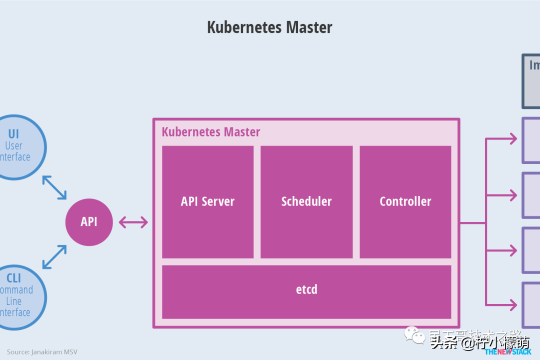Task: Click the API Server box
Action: [207, 201]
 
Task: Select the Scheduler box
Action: [306, 201]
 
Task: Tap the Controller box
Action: [405, 201]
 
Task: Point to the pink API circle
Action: [89, 222]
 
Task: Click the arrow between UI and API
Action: [54, 187]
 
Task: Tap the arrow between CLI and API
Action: [54, 257]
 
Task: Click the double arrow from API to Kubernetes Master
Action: [133, 222]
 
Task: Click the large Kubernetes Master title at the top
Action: [269, 27]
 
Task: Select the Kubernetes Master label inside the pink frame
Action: [211, 132]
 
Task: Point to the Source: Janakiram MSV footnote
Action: [42, 352]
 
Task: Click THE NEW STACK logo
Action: [507, 352]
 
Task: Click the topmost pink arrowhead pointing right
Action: [512, 139]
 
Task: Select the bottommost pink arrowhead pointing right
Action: [512, 304]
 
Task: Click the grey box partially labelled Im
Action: [531, 81]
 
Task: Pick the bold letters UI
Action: [13, 134]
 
